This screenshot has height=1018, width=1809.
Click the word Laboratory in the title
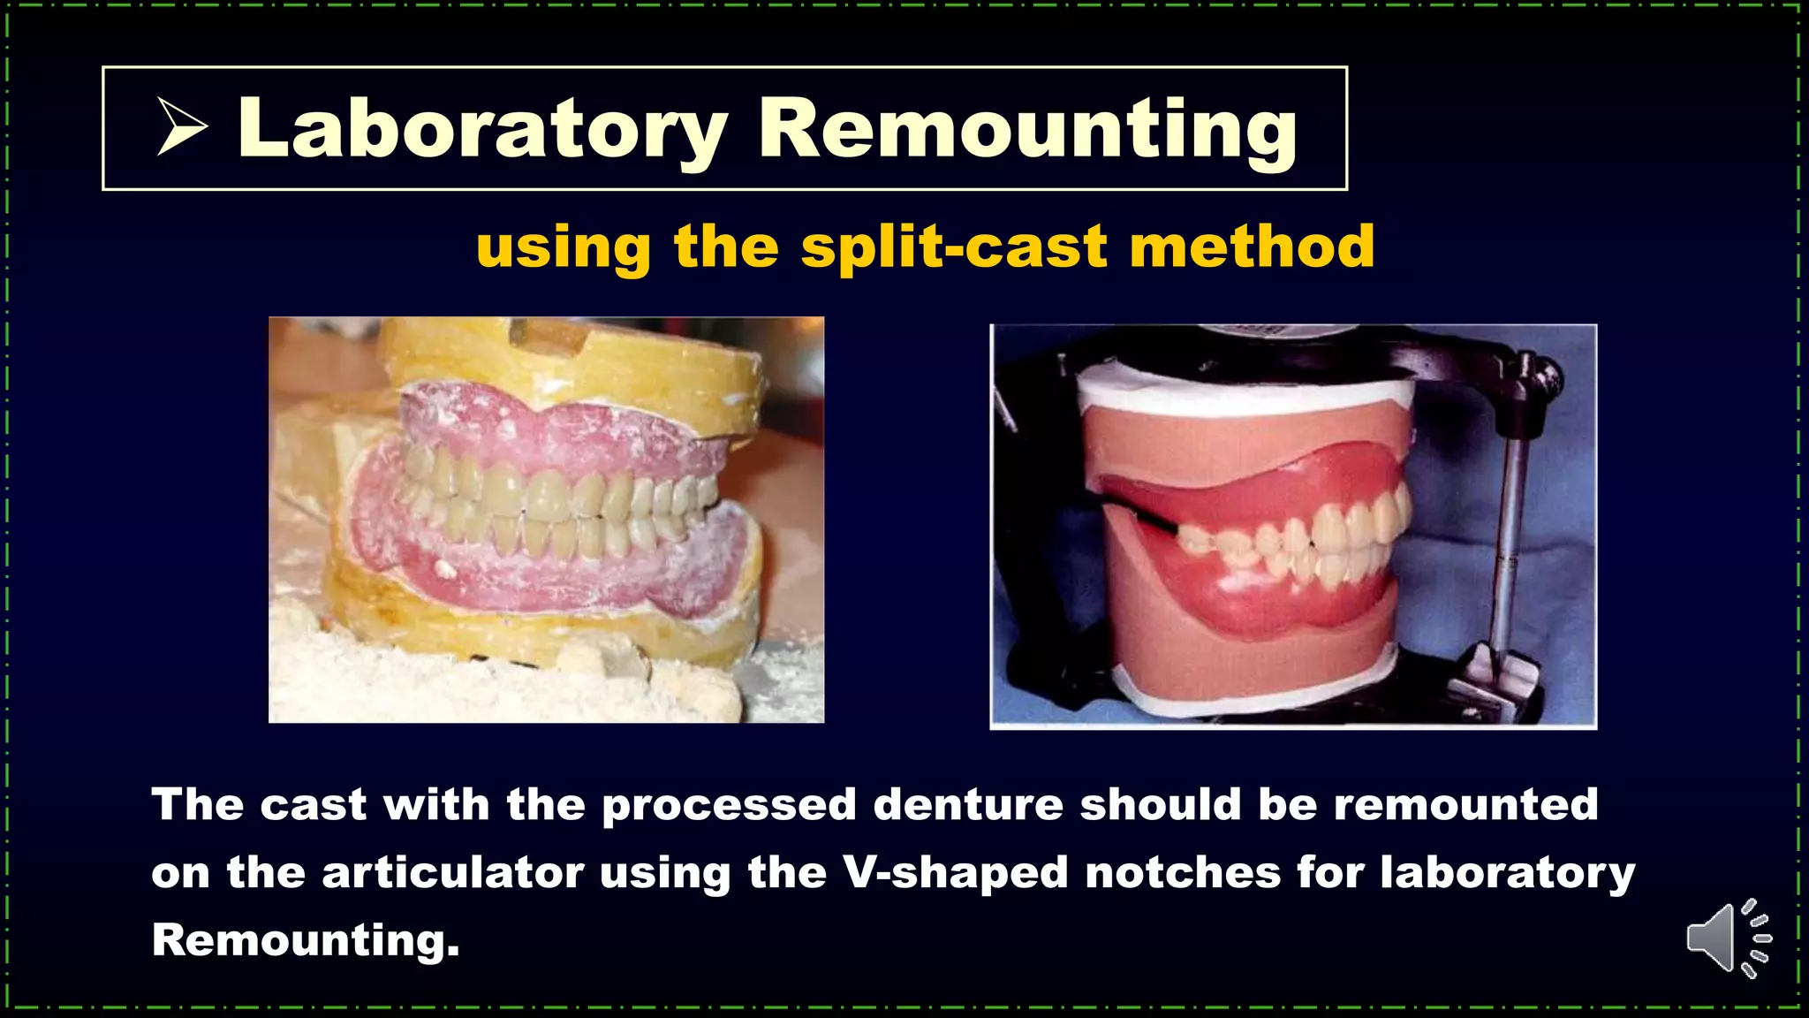pyautogui.click(x=481, y=130)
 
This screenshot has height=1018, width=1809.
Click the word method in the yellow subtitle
pyautogui.click(x=1252, y=247)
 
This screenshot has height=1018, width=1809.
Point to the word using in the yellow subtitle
pyautogui.click(x=564, y=248)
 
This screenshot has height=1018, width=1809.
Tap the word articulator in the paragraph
pyautogui.click(x=452, y=873)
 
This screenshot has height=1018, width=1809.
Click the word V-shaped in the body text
pyautogui.click(x=955, y=873)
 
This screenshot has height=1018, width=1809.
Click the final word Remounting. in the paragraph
pyautogui.click(x=306, y=940)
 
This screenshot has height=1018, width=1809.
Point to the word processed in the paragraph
pyautogui.click(x=729, y=805)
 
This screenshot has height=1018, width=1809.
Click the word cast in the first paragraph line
pyautogui.click(x=313, y=805)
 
